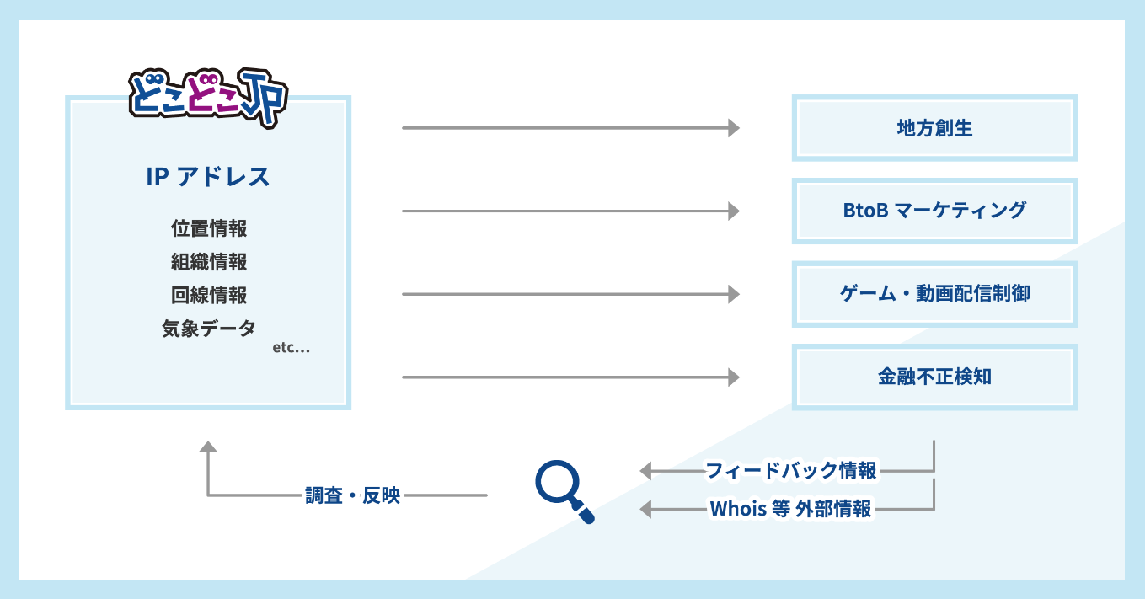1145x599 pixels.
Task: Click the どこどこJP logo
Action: pos(208,96)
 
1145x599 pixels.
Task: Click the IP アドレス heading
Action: pos(208,177)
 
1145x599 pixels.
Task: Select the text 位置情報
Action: pos(209,228)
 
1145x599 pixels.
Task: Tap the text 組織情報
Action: pos(209,262)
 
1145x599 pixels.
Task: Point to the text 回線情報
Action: pos(209,296)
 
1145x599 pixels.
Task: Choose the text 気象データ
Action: pos(209,329)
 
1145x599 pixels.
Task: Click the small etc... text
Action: pos(292,348)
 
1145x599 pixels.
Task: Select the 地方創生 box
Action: pos(934,128)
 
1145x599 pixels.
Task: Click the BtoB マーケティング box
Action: pos(934,211)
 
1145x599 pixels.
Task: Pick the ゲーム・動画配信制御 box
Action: pos(934,294)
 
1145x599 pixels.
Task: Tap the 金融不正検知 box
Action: pos(934,377)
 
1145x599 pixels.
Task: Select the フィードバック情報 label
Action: pos(791,470)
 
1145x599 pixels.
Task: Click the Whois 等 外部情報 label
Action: pos(791,509)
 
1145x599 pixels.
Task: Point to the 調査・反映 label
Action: pos(352,495)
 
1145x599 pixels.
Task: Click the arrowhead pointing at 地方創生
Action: pos(734,128)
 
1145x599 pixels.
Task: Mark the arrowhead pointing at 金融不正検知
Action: pos(734,377)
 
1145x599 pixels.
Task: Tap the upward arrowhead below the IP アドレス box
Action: pos(208,447)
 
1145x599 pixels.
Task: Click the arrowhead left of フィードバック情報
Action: pos(646,470)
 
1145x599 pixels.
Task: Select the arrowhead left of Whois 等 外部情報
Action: pos(646,509)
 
